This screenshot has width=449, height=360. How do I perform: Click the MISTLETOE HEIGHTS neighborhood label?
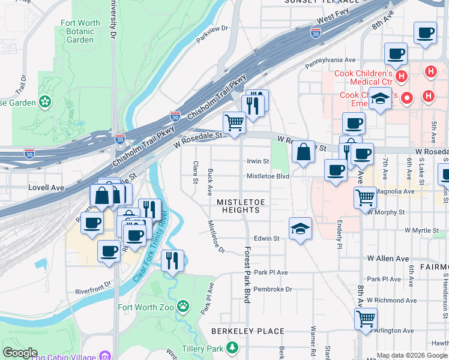coord(238,206)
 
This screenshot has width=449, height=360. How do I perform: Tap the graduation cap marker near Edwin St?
coord(300,229)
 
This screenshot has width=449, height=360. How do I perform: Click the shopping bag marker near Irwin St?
coord(304,152)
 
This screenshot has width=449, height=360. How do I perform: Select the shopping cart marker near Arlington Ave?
coord(366,318)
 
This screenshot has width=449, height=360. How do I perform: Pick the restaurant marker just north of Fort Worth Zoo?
coord(172,260)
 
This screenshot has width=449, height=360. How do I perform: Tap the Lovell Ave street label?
coord(46,188)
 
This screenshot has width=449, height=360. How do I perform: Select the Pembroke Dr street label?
coord(273,289)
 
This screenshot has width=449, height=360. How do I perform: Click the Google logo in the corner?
coord(20,353)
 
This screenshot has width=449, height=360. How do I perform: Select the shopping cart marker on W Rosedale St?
coord(234,122)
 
